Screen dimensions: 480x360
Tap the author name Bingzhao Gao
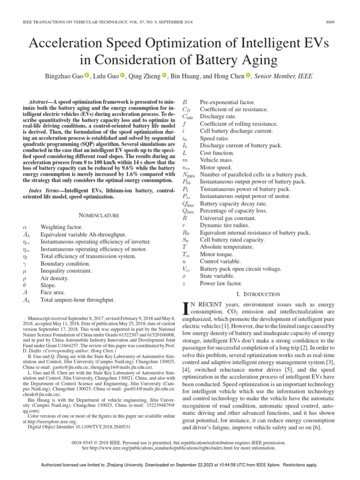65,76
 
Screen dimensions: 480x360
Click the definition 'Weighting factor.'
60,226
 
